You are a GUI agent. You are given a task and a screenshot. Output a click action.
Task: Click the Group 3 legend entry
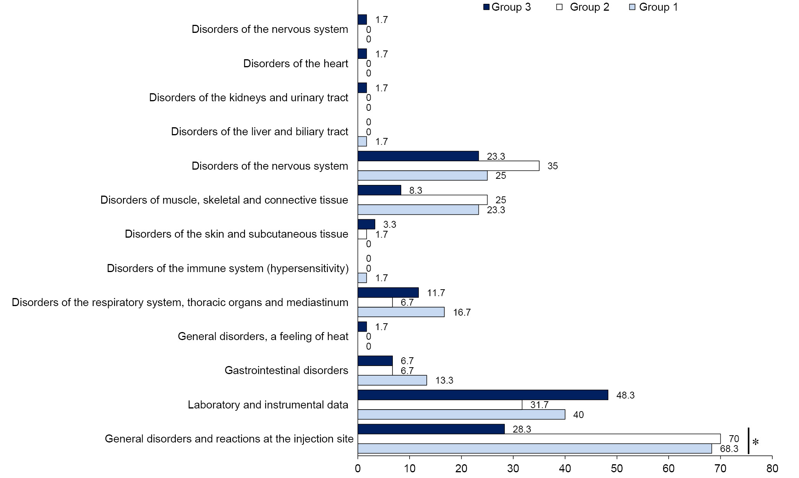tap(507, 7)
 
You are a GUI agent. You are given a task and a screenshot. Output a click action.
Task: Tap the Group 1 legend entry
tap(654, 7)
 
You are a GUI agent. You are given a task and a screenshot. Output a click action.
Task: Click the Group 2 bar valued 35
tap(448, 166)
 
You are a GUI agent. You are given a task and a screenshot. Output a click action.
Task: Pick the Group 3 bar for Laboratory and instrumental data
tap(483, 395)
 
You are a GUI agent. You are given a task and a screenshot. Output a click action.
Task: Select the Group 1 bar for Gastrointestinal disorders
tap(392, 380)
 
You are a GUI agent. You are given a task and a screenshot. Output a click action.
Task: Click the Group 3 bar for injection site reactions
tap(431, 429)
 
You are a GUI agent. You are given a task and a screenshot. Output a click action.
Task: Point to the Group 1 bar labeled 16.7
tap(401, 312)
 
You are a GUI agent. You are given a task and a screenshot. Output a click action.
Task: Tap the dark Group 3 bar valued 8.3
tap(379, 190)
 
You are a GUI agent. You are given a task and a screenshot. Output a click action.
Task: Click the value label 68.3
tap(729, 449)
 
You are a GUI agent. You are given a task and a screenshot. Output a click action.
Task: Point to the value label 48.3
tap(626, 395)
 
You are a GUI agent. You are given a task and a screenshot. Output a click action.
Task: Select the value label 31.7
tap(539, 405)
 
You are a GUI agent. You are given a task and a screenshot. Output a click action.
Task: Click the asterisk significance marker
tap(755, 442)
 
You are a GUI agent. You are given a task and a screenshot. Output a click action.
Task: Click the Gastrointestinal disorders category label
tap(286, 370)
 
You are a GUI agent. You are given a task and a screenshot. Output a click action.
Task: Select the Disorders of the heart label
tap(295, 63)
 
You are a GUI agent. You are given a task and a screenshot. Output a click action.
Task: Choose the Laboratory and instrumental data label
tap(268, 405)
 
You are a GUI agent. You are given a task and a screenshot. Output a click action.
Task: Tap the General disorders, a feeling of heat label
tap(263, 336)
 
